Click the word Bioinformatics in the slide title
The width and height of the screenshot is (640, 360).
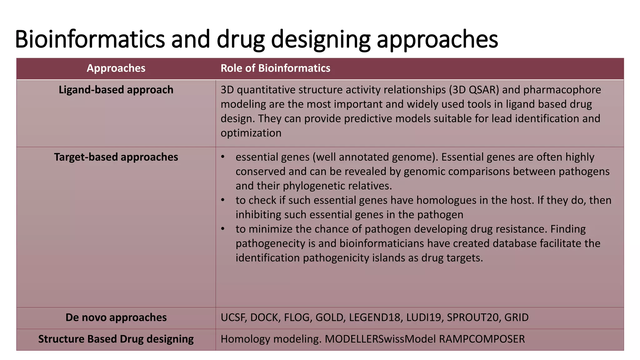pyautogui.click(x=89, y=39)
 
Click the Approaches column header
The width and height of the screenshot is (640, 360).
pyautogui.click(x=116, y=68)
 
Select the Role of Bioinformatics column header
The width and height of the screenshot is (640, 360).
pyautogui.click(x=275, y=68)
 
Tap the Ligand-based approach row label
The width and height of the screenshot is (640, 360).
pyautogui.click(x=116, y=90)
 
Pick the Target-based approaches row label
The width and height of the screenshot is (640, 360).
pyautogui.click(x=116, y=157)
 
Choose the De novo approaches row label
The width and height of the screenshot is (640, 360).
pyautogui.click(x=116, y=317)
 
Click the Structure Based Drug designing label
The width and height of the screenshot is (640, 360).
pyautogui.click(x=116, y=339)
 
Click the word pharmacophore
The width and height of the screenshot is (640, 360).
pyautogui.click(x=562, y=90)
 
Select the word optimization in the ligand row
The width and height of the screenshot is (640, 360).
pyautogui.click(x=251, y=133)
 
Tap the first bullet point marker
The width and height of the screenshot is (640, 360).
pyautogui.click(x=223, y=157)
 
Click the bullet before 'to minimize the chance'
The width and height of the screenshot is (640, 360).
pyautogui.click(x=223, y=229)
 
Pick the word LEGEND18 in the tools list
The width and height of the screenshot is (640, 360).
pyautogui.click(x=374, y=317)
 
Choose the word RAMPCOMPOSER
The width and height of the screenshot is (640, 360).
pyautogui.click(x=482, y=339)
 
